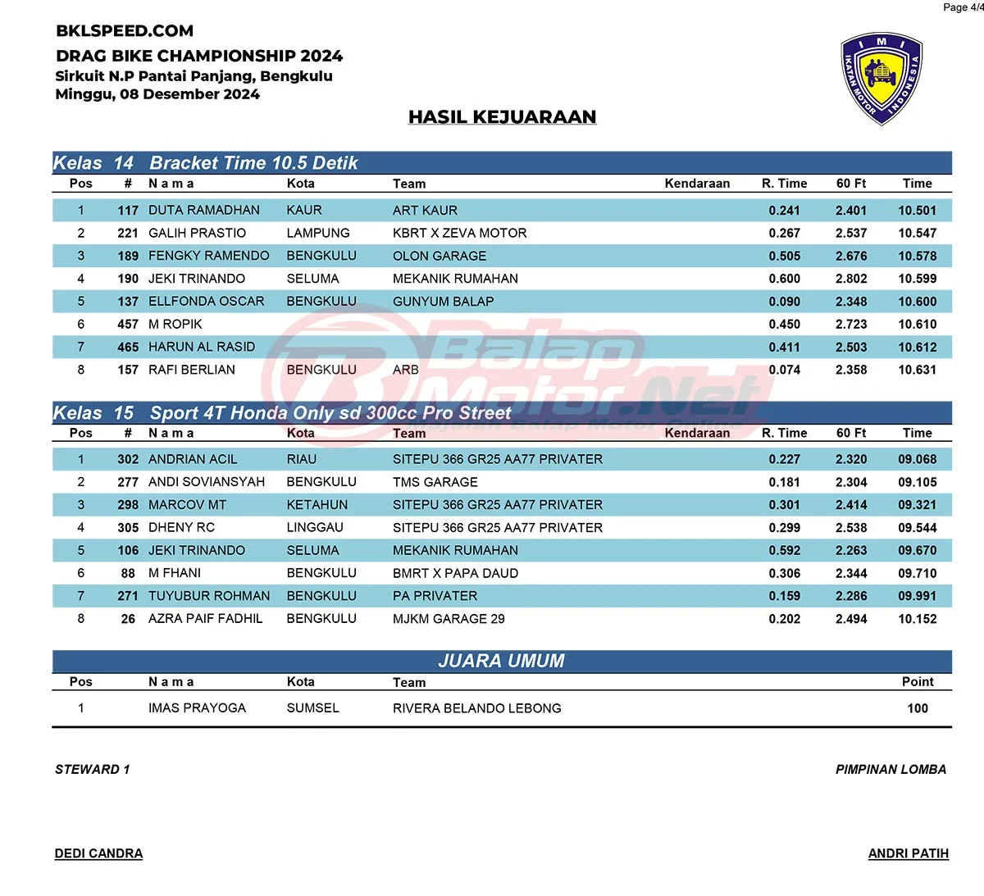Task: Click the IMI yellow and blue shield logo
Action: click(x=881, y=79)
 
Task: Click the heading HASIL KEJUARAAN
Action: click(x=502, y=117)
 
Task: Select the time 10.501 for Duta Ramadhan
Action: click(x=917, y=211)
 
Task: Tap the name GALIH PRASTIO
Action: click(x=197, y=233)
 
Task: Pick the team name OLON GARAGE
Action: click(x=440, y=256)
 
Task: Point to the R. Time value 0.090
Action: click(x=784, y=302)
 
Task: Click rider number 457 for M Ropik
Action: click(x=128, y=325)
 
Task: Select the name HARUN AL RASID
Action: click(x=202, y=347)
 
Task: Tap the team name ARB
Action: click(x=406, y=370)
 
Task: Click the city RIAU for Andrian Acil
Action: click(x=302, y=459)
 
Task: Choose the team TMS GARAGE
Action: click(x=435, y=482)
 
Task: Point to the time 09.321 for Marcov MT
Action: click(x=917, y=505)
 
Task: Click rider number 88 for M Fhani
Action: click(x=128, y=573)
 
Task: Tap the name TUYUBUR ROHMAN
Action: click(x=209, y=596)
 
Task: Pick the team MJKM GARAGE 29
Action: click(x=449, y=619)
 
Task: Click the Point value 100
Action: click(x=918, y=708)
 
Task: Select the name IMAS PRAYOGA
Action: click(x=197, y=708)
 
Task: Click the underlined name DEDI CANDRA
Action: click(x=98, y=853)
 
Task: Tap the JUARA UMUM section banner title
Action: click(x=502, y=661)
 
